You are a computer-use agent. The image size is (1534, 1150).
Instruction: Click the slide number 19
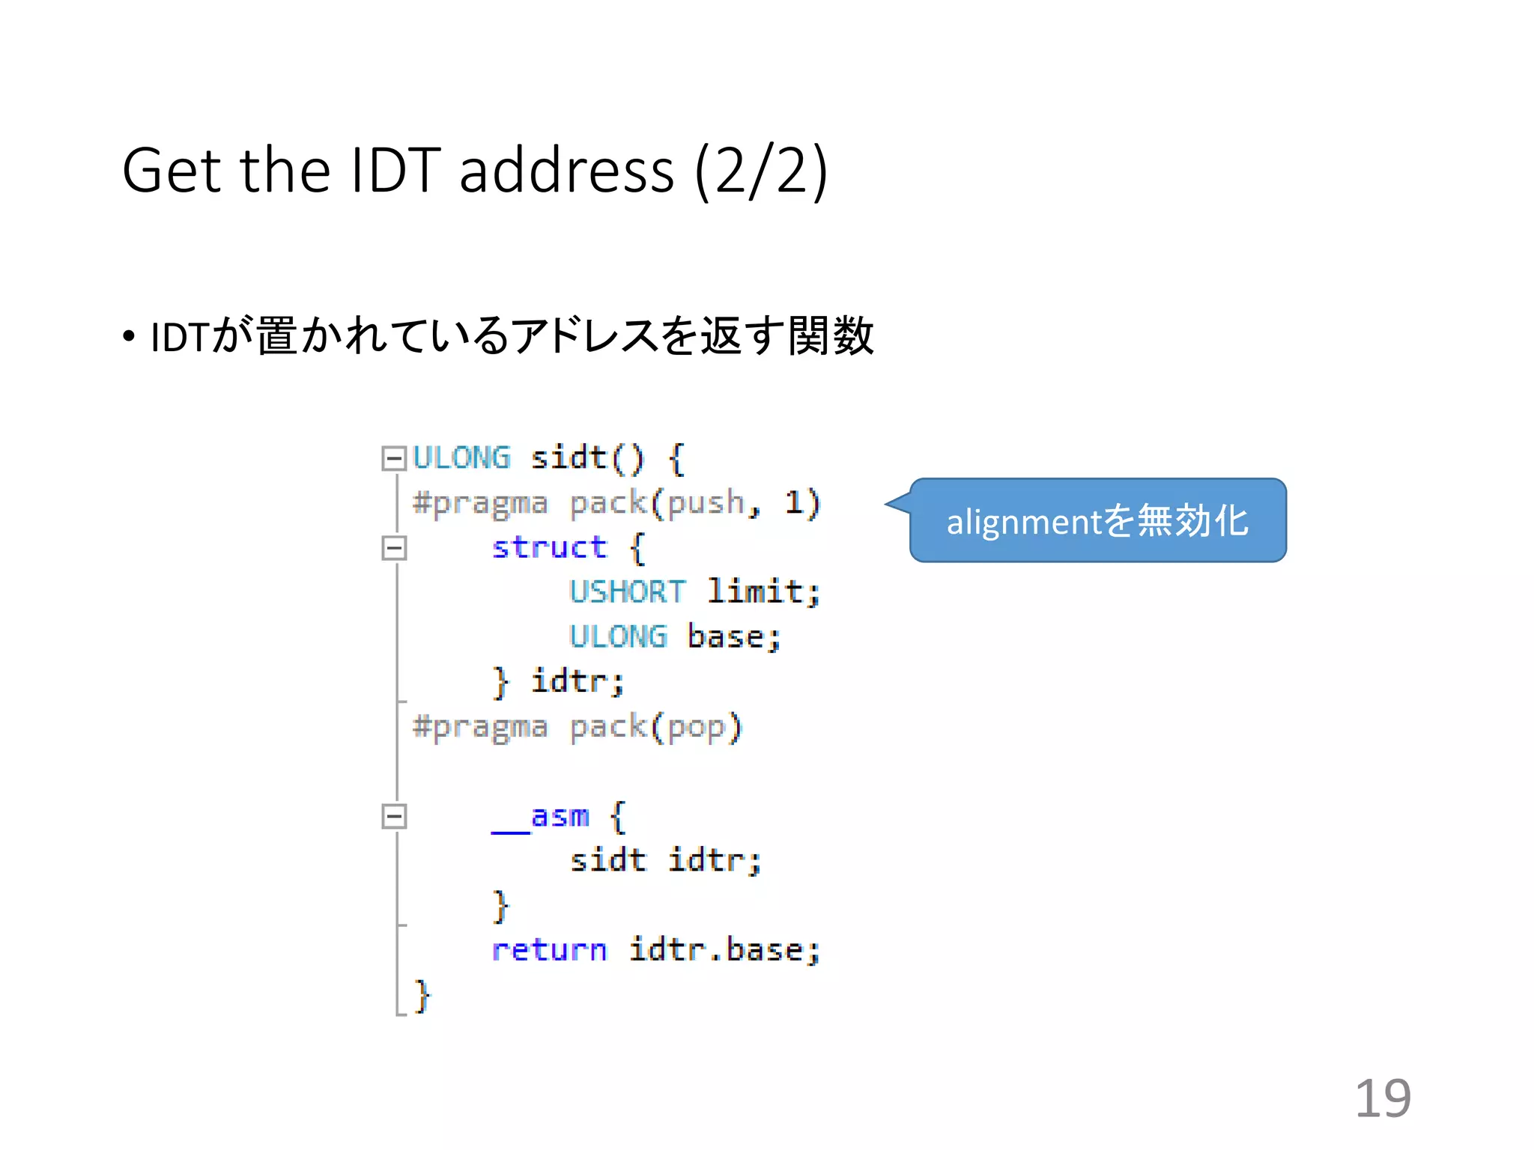1383,1098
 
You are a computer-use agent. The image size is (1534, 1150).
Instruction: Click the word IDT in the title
395,171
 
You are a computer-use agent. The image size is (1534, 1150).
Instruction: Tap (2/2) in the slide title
761,171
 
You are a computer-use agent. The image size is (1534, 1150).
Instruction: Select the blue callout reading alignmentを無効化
1098,520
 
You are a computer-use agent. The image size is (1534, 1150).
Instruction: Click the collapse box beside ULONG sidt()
393,457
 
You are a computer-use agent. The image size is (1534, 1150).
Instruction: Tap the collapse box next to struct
393,547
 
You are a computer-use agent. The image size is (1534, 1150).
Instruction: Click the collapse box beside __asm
393,816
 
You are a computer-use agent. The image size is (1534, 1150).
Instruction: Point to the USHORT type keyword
627,592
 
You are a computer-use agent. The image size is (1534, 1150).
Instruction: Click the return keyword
549,950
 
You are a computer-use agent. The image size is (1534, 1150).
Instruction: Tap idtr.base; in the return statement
724,950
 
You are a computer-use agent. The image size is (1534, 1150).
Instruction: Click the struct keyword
549,547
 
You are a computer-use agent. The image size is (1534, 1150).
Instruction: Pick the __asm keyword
541,817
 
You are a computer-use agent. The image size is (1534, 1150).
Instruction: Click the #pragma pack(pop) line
577,727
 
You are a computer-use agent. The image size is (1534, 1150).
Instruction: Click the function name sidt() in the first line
586,457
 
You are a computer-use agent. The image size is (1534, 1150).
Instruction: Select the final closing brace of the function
422,996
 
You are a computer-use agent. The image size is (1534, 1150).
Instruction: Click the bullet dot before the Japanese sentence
130,337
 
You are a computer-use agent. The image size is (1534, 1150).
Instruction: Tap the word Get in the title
172,171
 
